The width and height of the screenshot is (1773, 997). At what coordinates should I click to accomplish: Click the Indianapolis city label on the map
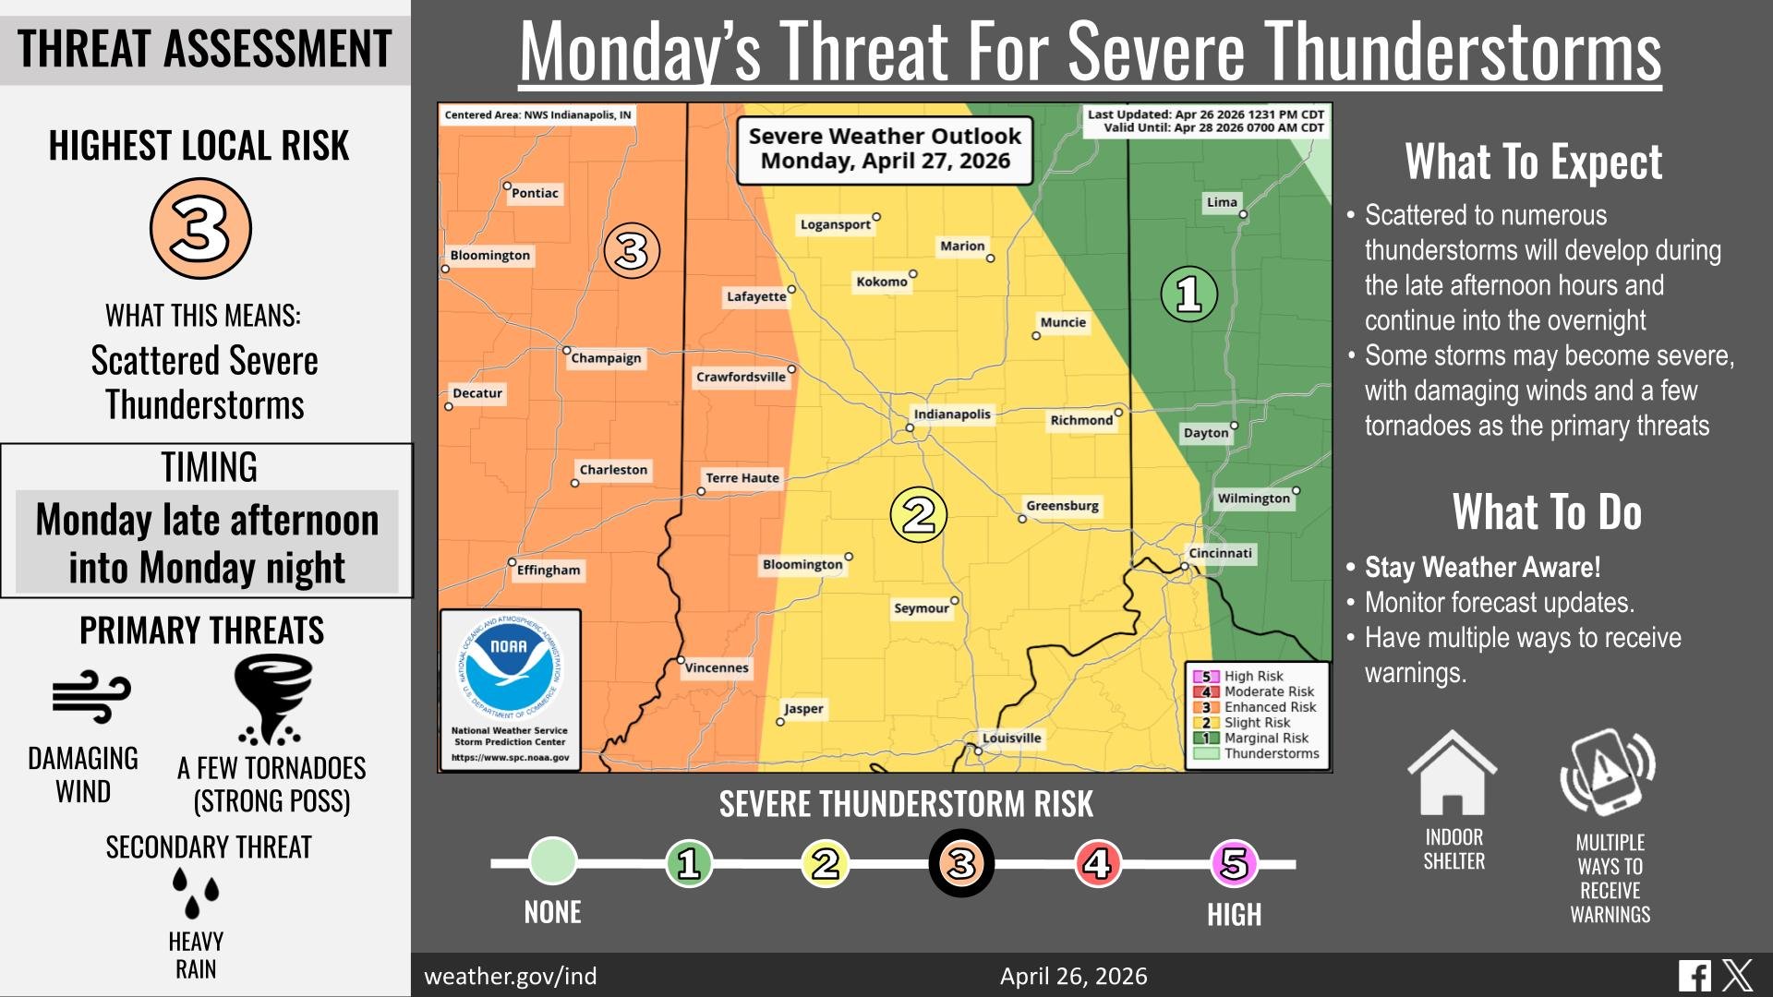click(951, 414)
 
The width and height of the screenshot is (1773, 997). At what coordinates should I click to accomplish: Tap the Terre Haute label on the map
click(742, 478)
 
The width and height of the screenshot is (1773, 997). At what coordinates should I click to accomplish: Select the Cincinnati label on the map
click(1220, 554)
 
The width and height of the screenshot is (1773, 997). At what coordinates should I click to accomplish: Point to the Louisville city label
click(1011, 739)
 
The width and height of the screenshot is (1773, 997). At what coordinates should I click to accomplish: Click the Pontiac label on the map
click(535, 194)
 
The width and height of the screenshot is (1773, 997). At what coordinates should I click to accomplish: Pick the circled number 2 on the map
click(918, 514)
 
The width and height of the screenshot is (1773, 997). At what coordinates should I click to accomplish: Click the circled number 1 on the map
click(1188, 294)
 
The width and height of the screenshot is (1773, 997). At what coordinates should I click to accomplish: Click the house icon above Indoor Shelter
click(1452, 773)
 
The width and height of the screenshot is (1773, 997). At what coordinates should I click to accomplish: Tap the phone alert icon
click(1608, 772)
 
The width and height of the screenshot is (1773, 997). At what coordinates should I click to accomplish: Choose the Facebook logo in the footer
click(1695, 976)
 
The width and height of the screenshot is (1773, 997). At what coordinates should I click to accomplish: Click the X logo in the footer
click(1737, 976)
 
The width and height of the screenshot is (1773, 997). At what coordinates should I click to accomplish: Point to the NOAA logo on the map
click(509, 667)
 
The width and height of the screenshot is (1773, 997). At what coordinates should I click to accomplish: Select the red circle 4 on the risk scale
click(1097, 864)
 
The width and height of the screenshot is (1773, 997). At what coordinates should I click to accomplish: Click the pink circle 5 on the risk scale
click(1234, 864)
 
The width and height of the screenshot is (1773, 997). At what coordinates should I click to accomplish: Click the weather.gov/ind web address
click(510, 977)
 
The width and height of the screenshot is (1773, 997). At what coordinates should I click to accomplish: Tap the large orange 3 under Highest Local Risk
click(200, 229)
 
